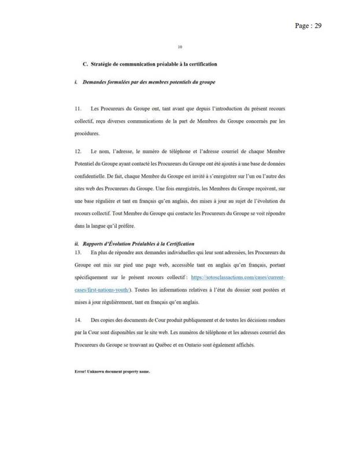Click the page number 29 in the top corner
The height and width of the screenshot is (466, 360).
click(317, 26)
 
